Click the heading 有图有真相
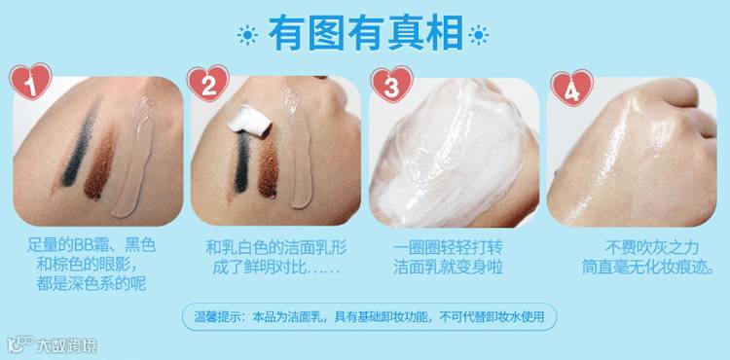click(x=366, y=33)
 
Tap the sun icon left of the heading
click(x=247, y=35)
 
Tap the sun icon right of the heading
click(x=478, y=35)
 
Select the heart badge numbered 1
click(x=30, y=82)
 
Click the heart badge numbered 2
click(x=207, y=84)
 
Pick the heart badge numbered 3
click(x=391, y=85)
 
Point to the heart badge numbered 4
click(x=571, y=88)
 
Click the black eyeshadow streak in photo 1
click(x=80, y=143)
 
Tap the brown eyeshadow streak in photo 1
click(x=99, y=165)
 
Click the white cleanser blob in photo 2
click(x=251, y=121)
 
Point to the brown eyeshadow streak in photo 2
click(x=269, y=167)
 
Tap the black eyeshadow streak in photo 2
click(x=242, y=162)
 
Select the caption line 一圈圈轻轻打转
click(x=448, y=247)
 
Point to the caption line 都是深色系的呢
click(x=91, y=283)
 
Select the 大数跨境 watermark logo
click(x=53, y=344)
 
